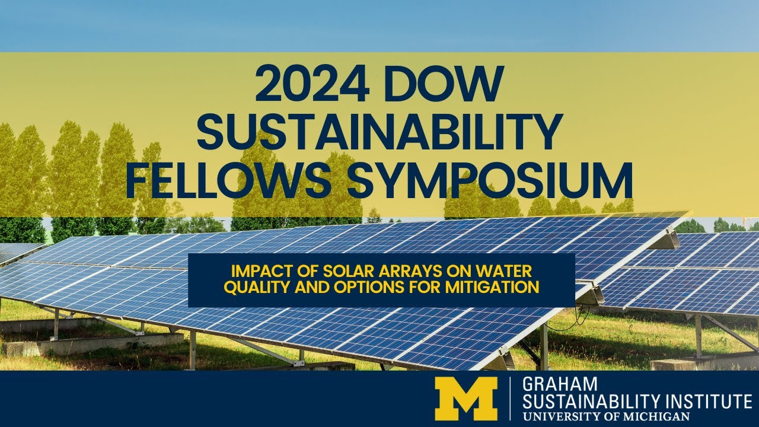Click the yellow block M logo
click(465, 399)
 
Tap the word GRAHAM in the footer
click(551, 385)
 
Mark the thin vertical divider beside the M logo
click(511, 399)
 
